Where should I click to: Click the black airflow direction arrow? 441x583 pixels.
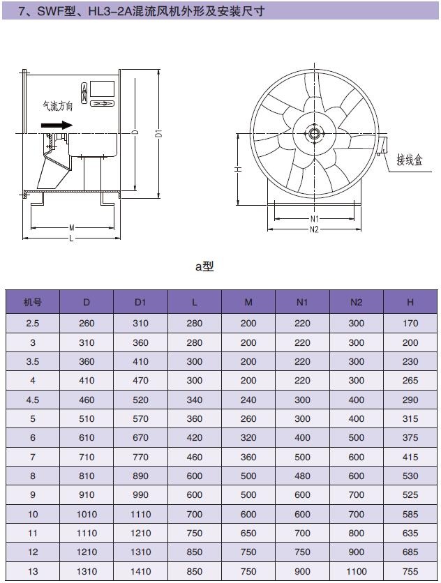click(x=57, y=125)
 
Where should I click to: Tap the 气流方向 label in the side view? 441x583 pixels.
click(x=58, y=106)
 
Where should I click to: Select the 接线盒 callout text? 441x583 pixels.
click(x=410, y=160)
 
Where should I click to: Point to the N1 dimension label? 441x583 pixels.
click(x=315, y=219)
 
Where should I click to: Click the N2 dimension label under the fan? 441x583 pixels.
click(x=315, y=229)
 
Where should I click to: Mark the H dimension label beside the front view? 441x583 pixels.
click(x=239, y=169)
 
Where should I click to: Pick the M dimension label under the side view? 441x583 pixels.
click(x=72, y=227)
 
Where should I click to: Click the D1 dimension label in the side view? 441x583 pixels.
click(x=159, y=132)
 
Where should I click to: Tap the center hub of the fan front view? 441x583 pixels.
click(x=315, y=134)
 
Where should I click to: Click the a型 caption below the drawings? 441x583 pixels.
click(x=204, y=266)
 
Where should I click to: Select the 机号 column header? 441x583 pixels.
click(x=32, y=302)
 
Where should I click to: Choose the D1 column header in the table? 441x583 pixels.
click(x=140, y=302)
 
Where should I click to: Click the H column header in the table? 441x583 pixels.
click(x=410, y=302)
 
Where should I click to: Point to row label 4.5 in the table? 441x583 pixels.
click(x=32, y=400)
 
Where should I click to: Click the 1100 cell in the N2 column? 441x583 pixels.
click(x=356, y=571)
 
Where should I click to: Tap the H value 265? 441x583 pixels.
click(x=410, y=380)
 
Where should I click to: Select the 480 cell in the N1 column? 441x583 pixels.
click(x=302, y=476)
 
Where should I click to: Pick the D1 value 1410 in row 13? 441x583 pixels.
click(x=140, y=571)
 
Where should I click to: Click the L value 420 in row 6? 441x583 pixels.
click(x=194, y=438)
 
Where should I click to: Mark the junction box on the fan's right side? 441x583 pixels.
click(x=382, y=145)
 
